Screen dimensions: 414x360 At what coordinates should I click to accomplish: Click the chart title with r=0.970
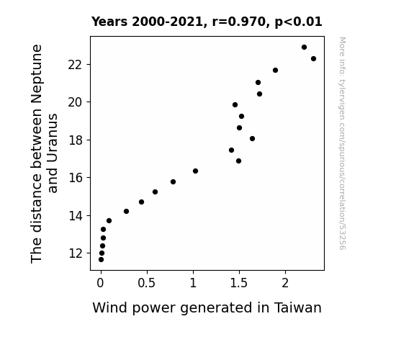click(x=207, y=22)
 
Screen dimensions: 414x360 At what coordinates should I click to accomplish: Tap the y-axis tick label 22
click(x=76, y=65)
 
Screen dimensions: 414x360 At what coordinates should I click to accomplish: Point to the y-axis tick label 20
click(x=76, y=102)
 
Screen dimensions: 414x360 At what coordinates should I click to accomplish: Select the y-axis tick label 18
click(x=76, y=140)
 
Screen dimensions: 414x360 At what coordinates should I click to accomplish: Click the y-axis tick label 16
click(x=76, y=178)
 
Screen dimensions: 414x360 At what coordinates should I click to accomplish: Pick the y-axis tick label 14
click(x=76, y=216)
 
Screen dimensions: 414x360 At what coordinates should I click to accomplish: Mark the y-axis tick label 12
click(x=76, y=253)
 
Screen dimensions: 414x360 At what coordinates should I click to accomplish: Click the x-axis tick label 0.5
click(x=147, y=283)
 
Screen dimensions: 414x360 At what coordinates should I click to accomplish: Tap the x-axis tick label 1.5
click(x=239, y=283)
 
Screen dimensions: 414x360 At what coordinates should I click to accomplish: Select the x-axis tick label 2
click(x=285, y=283)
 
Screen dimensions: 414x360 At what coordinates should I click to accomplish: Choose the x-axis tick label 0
click(x=100, y=283)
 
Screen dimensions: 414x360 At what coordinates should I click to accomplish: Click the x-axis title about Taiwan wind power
click(x=207, y=308)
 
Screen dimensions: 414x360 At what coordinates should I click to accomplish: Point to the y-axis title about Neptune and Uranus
click(x=44, y=153)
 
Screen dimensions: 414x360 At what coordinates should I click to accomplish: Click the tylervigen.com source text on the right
click(x=342, y=143)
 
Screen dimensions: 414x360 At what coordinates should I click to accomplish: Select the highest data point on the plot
click(x=304, y=48)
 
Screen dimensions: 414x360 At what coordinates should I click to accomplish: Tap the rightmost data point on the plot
click(x=313, y=58)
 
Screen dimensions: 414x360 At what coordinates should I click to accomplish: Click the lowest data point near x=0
click(x=101, y=260)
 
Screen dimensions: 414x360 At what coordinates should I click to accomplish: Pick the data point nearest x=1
click(x=195, y=171)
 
